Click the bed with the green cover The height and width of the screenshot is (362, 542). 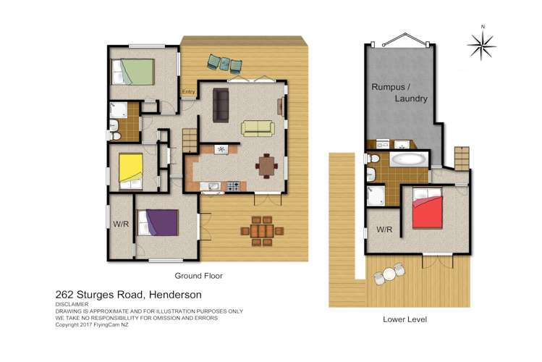point(133,72)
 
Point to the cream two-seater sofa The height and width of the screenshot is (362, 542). point(258,128)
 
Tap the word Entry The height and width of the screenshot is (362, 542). point(189,92)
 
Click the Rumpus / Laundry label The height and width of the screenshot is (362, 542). point(399,93)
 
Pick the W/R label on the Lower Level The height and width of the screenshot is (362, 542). point(384,230)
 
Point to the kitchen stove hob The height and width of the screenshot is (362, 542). point(233,187)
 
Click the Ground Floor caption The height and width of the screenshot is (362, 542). point(198,276)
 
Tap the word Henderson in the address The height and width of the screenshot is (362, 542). point(175,295)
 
